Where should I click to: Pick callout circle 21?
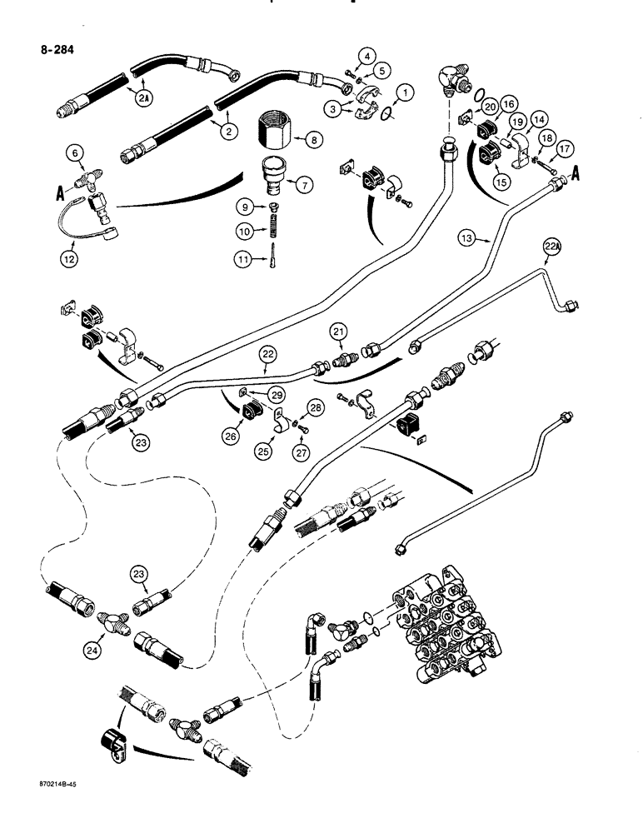[337, 332]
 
